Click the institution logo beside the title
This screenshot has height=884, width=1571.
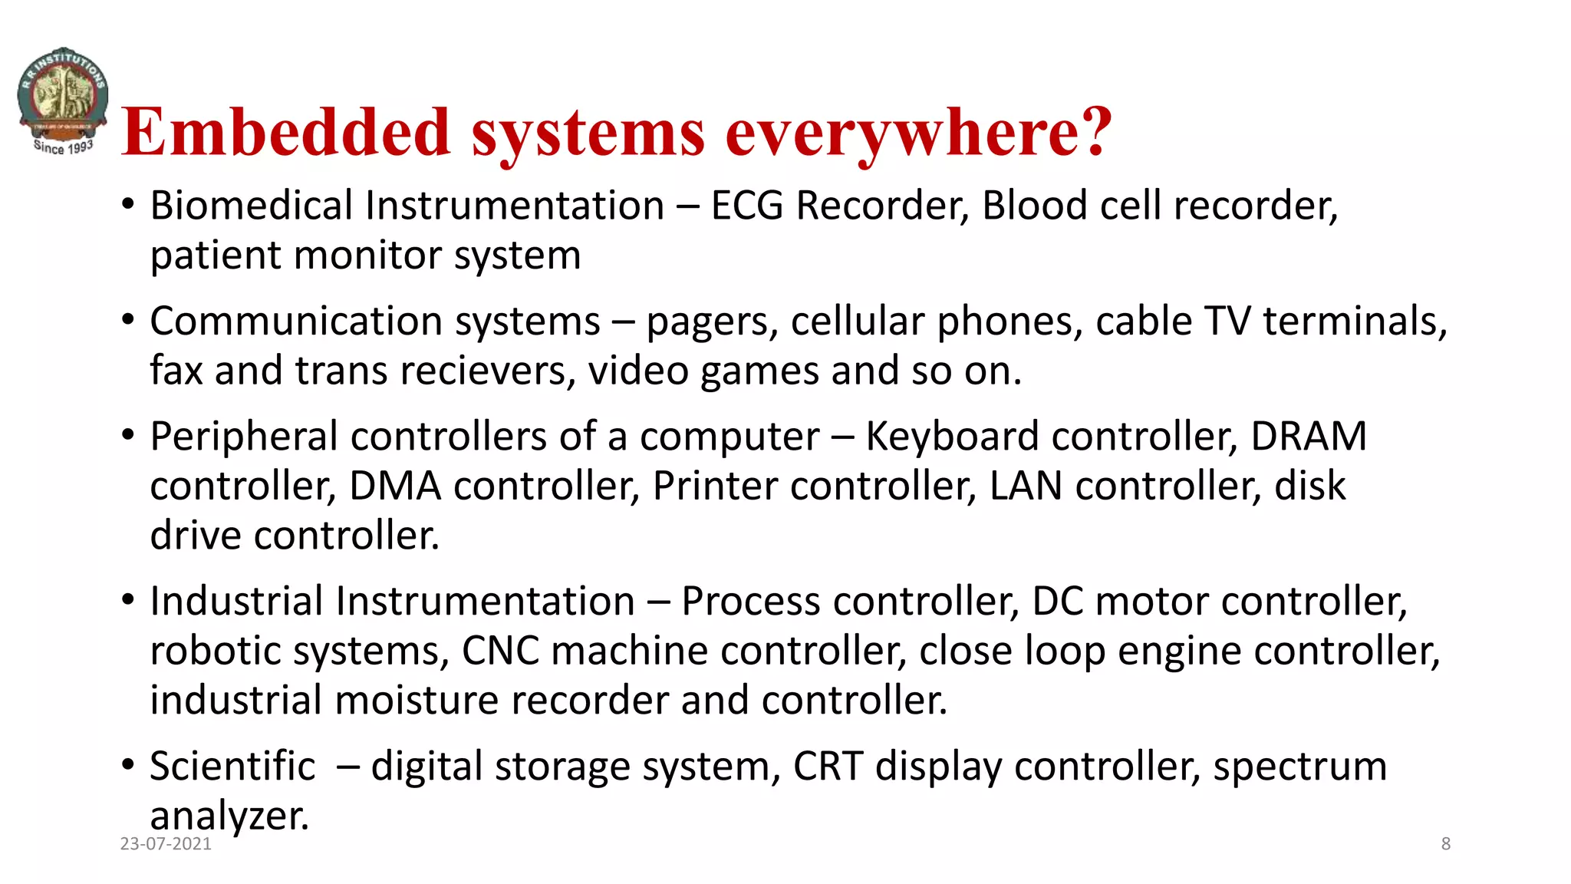coord(63,101)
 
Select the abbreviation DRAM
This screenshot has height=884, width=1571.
coord(1309,437)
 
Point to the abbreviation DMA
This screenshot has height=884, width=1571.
coord(395,487)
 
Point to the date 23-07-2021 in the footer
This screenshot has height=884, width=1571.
coord(166,844)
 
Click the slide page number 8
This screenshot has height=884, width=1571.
coord(1445,844)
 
